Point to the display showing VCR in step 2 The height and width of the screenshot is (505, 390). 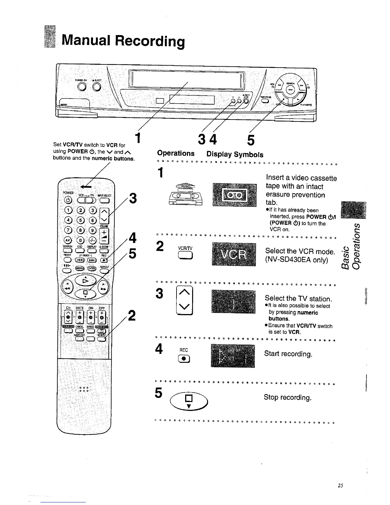(234, 254)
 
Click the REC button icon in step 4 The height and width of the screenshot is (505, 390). (184, 359)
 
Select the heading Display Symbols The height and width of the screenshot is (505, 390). (235, 155)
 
